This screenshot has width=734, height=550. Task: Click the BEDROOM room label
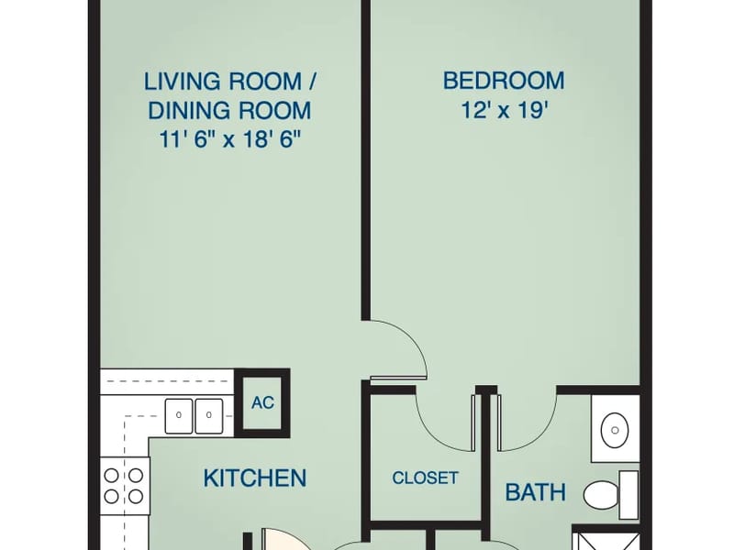tap(504, 81)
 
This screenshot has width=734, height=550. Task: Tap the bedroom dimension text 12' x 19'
tap(505, 110)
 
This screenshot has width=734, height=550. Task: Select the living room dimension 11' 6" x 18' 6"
tap(229, 139)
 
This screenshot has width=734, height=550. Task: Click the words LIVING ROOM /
tap(230, 82)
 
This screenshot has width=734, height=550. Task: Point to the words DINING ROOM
tap(230, 110)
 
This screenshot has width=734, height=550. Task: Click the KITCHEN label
tap(255, 478)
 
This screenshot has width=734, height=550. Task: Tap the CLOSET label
tap(425, 478)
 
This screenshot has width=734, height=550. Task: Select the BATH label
tap(536, 492)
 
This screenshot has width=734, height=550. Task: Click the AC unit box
tap(262, 402)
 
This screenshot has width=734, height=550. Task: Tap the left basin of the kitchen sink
tap(179, 415)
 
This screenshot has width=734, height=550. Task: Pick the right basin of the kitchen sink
tap(209, 415)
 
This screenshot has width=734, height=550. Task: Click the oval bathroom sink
tap(615, 430)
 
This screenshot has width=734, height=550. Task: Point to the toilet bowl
tap(601, 495)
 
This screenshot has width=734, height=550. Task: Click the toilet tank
tap(628, 495)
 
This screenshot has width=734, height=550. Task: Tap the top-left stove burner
tap(111, 476)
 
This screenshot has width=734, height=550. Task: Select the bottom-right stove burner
tap(136, 496)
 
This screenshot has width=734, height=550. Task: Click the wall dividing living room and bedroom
tap(366, 159)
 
